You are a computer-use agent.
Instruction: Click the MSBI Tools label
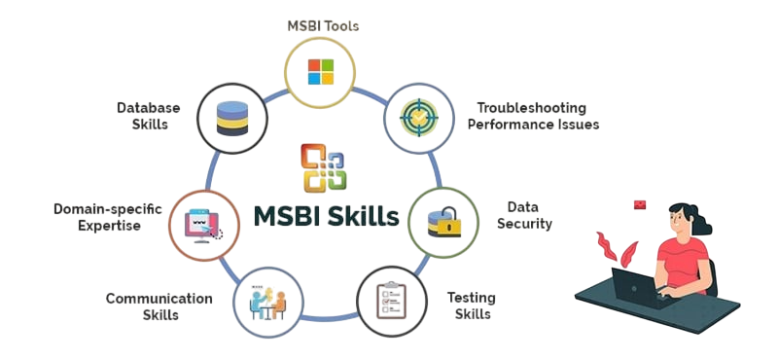point(322,25)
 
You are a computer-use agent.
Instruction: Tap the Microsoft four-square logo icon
point(321,71)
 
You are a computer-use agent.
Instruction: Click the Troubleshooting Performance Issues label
point(537,116)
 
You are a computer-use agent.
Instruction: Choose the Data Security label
point(529,215)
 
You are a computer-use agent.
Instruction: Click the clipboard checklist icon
point(393,301)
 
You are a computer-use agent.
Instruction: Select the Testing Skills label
point(472,306)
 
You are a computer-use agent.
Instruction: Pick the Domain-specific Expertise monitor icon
point(204,224)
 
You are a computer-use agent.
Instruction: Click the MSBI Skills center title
point(326,215)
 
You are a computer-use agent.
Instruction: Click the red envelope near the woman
point(640,204)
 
